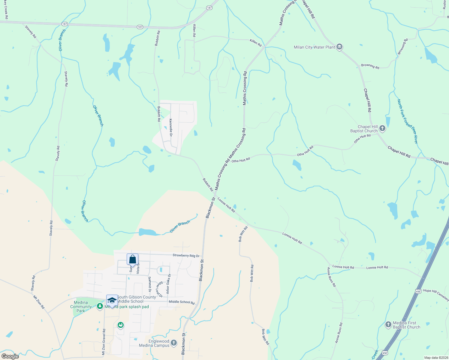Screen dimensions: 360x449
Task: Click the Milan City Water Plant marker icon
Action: tap(339, 47)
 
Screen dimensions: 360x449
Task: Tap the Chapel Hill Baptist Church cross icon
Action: tap(382, 128)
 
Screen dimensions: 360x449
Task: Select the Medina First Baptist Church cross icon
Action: tap(388, 325)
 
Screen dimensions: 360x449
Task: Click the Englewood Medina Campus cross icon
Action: tap(174, 343)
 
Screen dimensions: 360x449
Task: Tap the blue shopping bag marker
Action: tap(132, 259)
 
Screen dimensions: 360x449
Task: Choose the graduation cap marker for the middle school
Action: tap(112, 300)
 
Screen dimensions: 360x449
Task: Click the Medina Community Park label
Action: tap(81, 307)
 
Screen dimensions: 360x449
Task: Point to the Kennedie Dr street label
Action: tap(171, 128)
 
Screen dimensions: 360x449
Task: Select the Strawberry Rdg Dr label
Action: tap(186, 256)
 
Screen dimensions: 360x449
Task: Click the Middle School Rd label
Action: tap(182, 302)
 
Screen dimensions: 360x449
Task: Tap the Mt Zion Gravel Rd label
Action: tap(104, 342)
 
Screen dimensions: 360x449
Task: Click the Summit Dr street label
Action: tap(149, 285)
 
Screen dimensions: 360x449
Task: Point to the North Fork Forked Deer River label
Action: tap(407, 121)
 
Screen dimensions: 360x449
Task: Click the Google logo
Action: tap(10, 356)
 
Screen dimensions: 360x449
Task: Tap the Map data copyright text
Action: tap(436, 358)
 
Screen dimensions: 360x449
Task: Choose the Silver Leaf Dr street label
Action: tap(159, 289)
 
